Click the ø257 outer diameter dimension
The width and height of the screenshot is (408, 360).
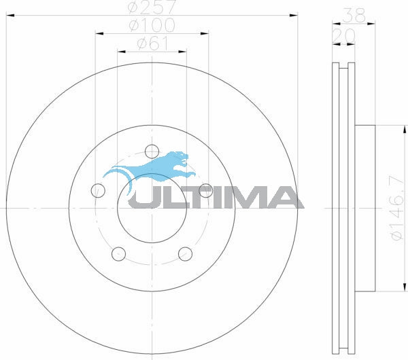click(x=151, y=8)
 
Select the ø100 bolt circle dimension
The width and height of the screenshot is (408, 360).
click(x=151, y=26)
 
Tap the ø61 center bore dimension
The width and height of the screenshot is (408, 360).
click(x=151, y=43)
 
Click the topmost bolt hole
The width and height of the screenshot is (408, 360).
click(x=152, y=150)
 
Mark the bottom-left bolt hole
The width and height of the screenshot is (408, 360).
click(x=118, y=253)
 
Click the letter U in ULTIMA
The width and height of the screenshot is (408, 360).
click(x=144, y=196)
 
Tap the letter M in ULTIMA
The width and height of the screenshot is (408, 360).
click(x=248, y=196)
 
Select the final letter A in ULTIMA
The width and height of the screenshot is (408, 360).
click(x=286, y=196)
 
